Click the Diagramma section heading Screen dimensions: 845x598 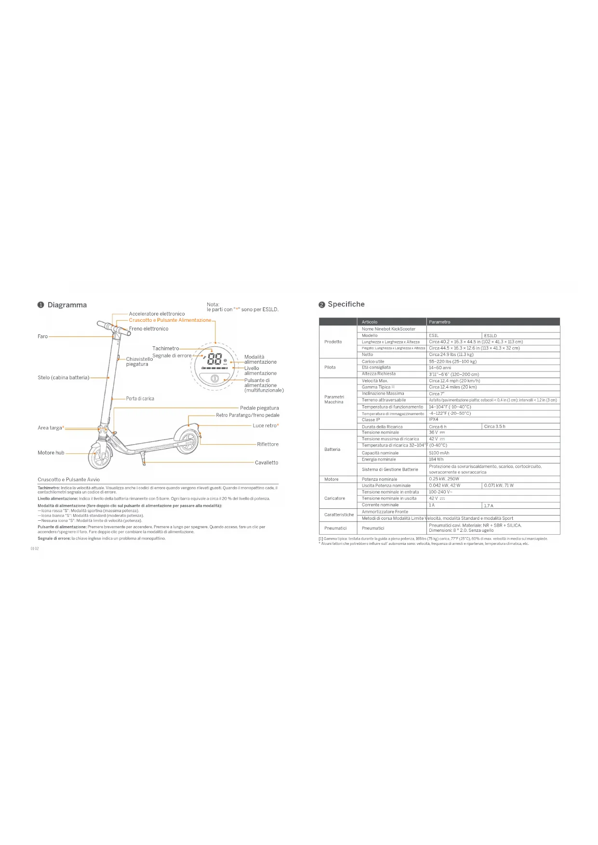[x=67, y=305]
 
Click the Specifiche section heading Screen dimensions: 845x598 [x=346, y=304]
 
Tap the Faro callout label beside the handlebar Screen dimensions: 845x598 [x=43, y=336]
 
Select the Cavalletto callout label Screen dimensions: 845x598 [x=266, y=462]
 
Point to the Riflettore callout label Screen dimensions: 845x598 [x=267, y=444]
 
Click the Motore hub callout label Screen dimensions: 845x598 [x=51, y=453]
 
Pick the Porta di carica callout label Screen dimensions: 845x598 [x=140, y=398]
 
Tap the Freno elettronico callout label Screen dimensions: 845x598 [x=148, y=329]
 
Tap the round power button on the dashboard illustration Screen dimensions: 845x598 [x=215, y=379]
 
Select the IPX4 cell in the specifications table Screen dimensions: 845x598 [x=434, y=420]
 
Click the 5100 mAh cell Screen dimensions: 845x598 [x=439, y=453]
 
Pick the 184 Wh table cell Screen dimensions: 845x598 [x=436, y=459]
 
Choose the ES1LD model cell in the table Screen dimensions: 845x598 [x=490, y=335]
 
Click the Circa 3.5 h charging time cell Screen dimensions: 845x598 [x=494, y=426]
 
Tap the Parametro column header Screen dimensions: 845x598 [x=439, y=322]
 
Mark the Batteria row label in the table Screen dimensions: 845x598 [x=332, y=449]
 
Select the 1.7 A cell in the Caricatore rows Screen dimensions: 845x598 [x=489, y=505]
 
